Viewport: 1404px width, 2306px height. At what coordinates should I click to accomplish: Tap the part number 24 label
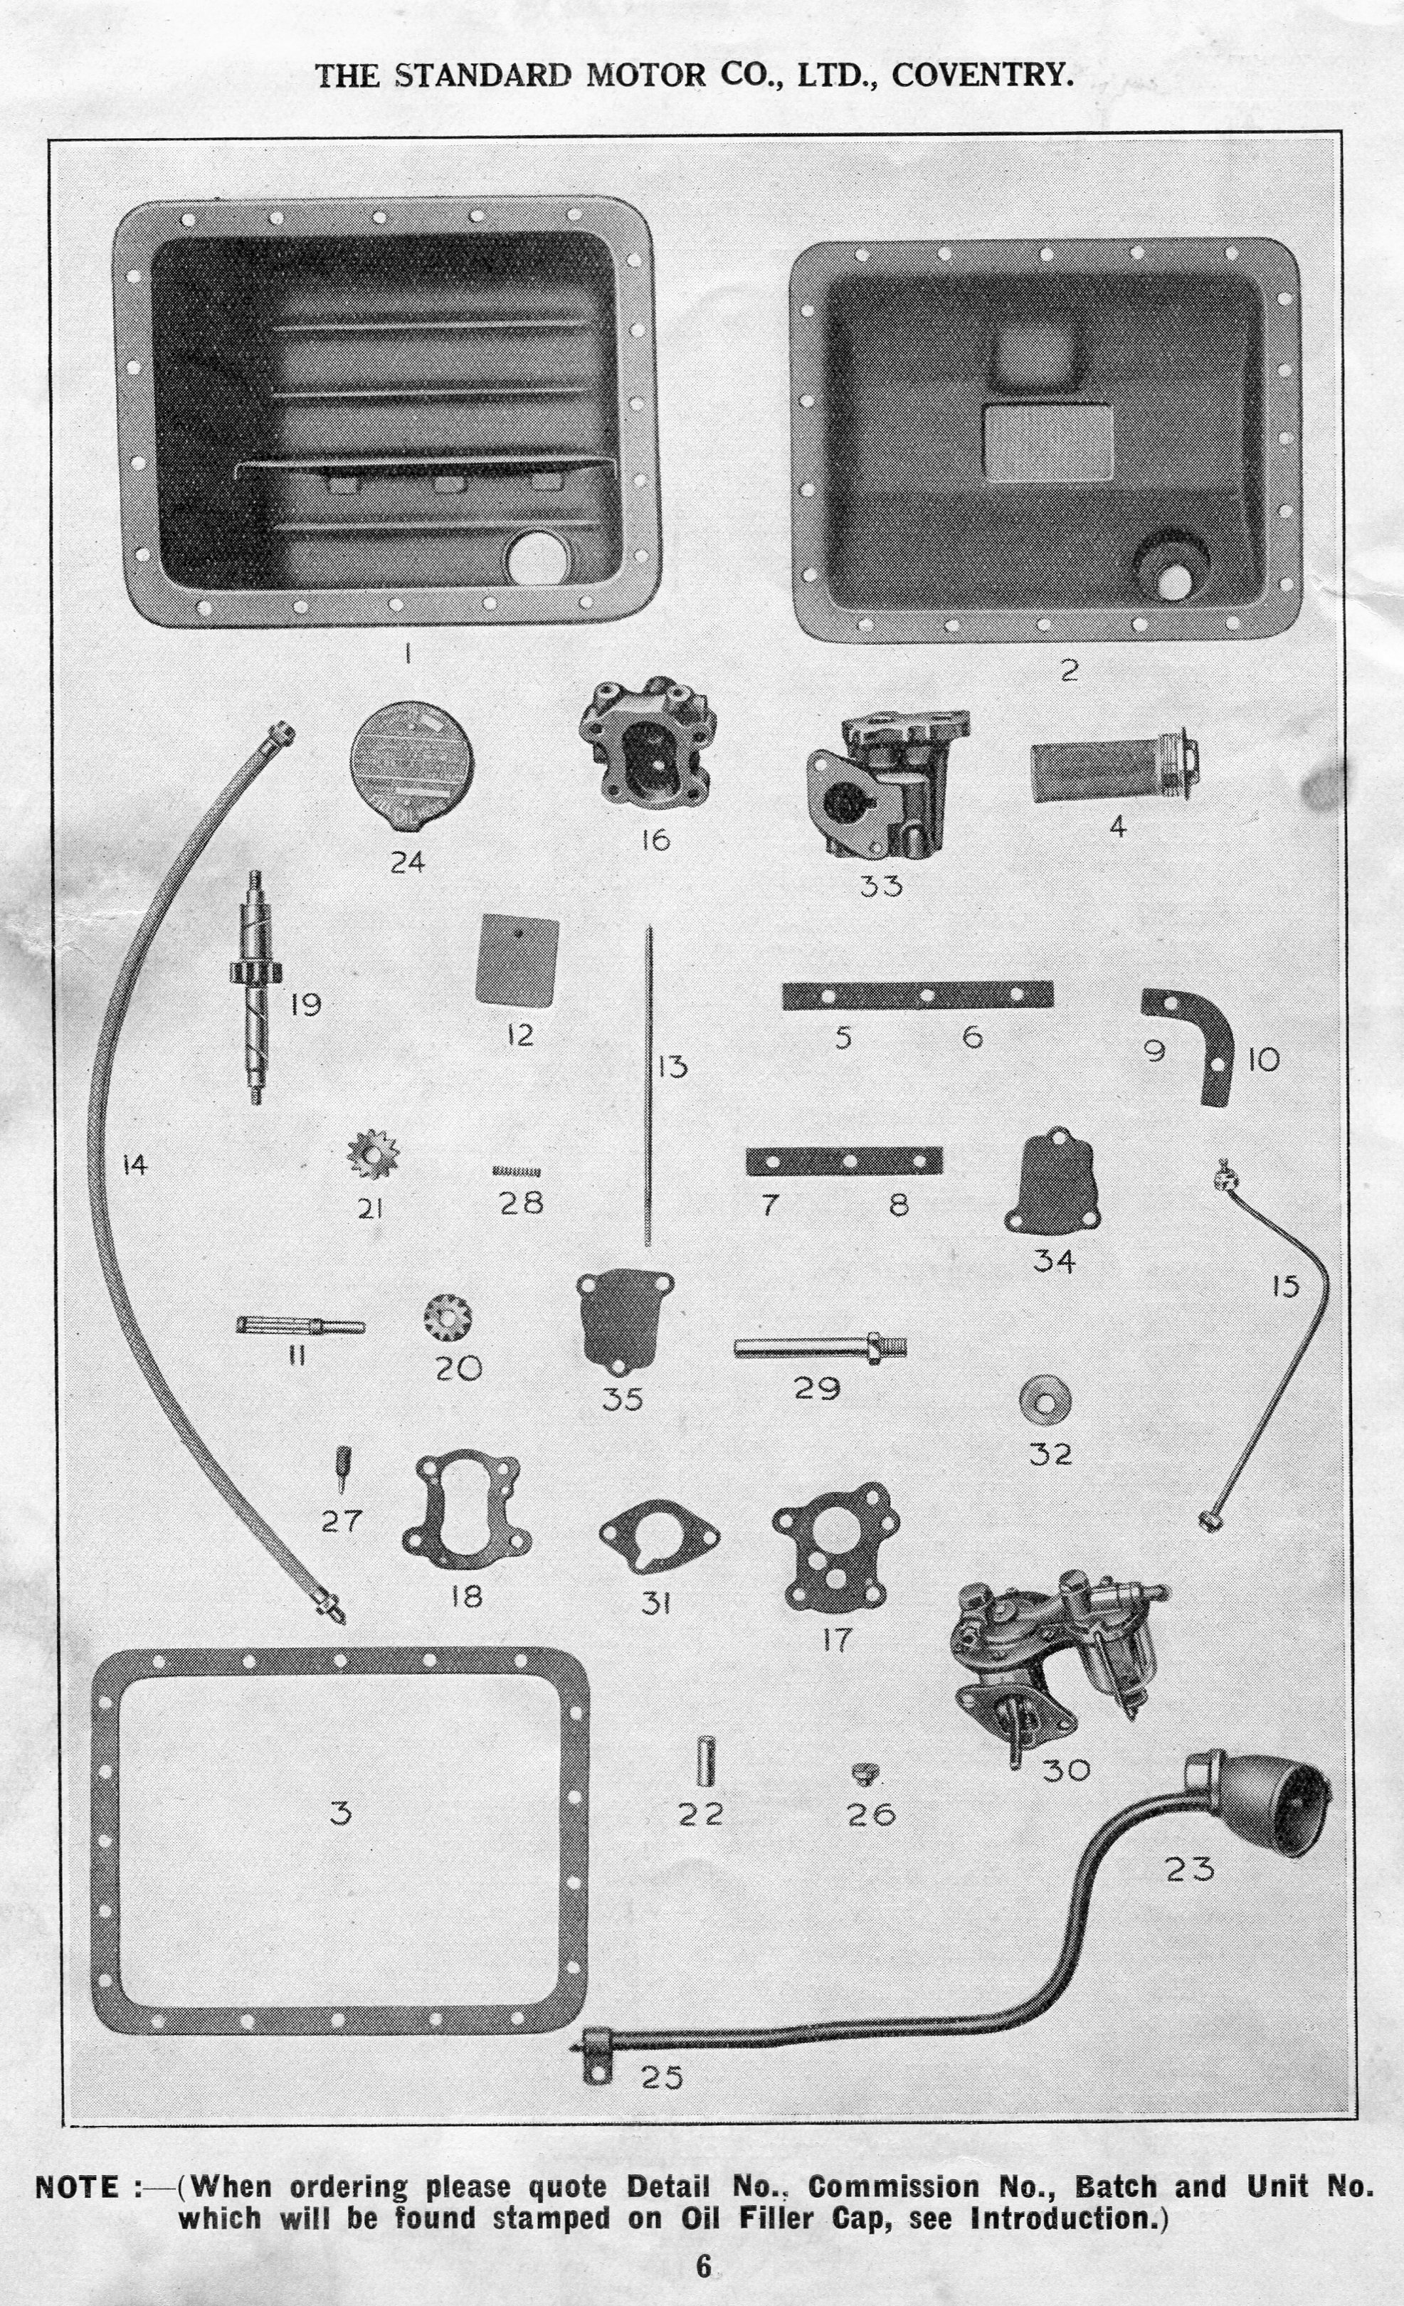407,862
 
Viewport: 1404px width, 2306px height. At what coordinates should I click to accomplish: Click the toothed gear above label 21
373,1154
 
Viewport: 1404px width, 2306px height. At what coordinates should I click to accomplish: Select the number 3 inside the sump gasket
341,1813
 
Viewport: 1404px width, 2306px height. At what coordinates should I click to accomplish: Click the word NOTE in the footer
77,2187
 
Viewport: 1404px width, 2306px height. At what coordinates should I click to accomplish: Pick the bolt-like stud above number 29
819,1348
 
